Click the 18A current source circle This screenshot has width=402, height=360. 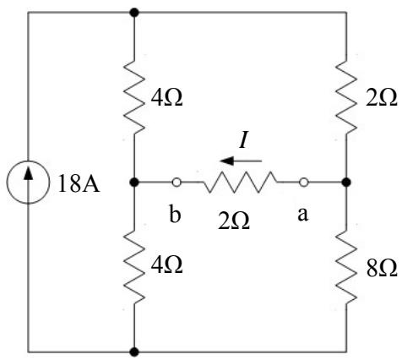click(x=28, y=183)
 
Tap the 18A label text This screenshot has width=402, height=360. click(x=79, y=185)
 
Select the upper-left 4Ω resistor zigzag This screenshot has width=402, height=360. click(x=134, y=96)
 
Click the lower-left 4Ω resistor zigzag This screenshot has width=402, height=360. click(x=134, y=266)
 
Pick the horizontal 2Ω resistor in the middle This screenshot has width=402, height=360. click(x=240, y=183)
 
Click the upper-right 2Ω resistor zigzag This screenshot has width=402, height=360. click(x=346, y=96)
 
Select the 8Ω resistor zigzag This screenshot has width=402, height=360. click(x=346, y=266)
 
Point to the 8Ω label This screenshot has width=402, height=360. click(x=382, y=268)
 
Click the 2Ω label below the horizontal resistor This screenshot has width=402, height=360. click(x=234, y=221)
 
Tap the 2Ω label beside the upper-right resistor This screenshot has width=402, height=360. click(x=382, y=98)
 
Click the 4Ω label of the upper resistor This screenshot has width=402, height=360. click(x=167, y=98)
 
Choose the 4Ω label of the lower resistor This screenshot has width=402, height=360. click(x=167, y=265)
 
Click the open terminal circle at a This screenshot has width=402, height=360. click(x=303, y=183)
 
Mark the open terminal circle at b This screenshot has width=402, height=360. click(x=177, y=183)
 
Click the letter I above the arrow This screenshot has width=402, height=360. click(x=243, y=140)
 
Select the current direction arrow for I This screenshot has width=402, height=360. click(x=241, y=161)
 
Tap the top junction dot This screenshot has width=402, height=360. click(x=134, y=13)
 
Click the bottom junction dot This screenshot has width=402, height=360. click(x=134, y=352)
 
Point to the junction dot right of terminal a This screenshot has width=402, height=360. click(x=346, y=183)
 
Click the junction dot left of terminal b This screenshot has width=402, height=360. click(x=134, y=183)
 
